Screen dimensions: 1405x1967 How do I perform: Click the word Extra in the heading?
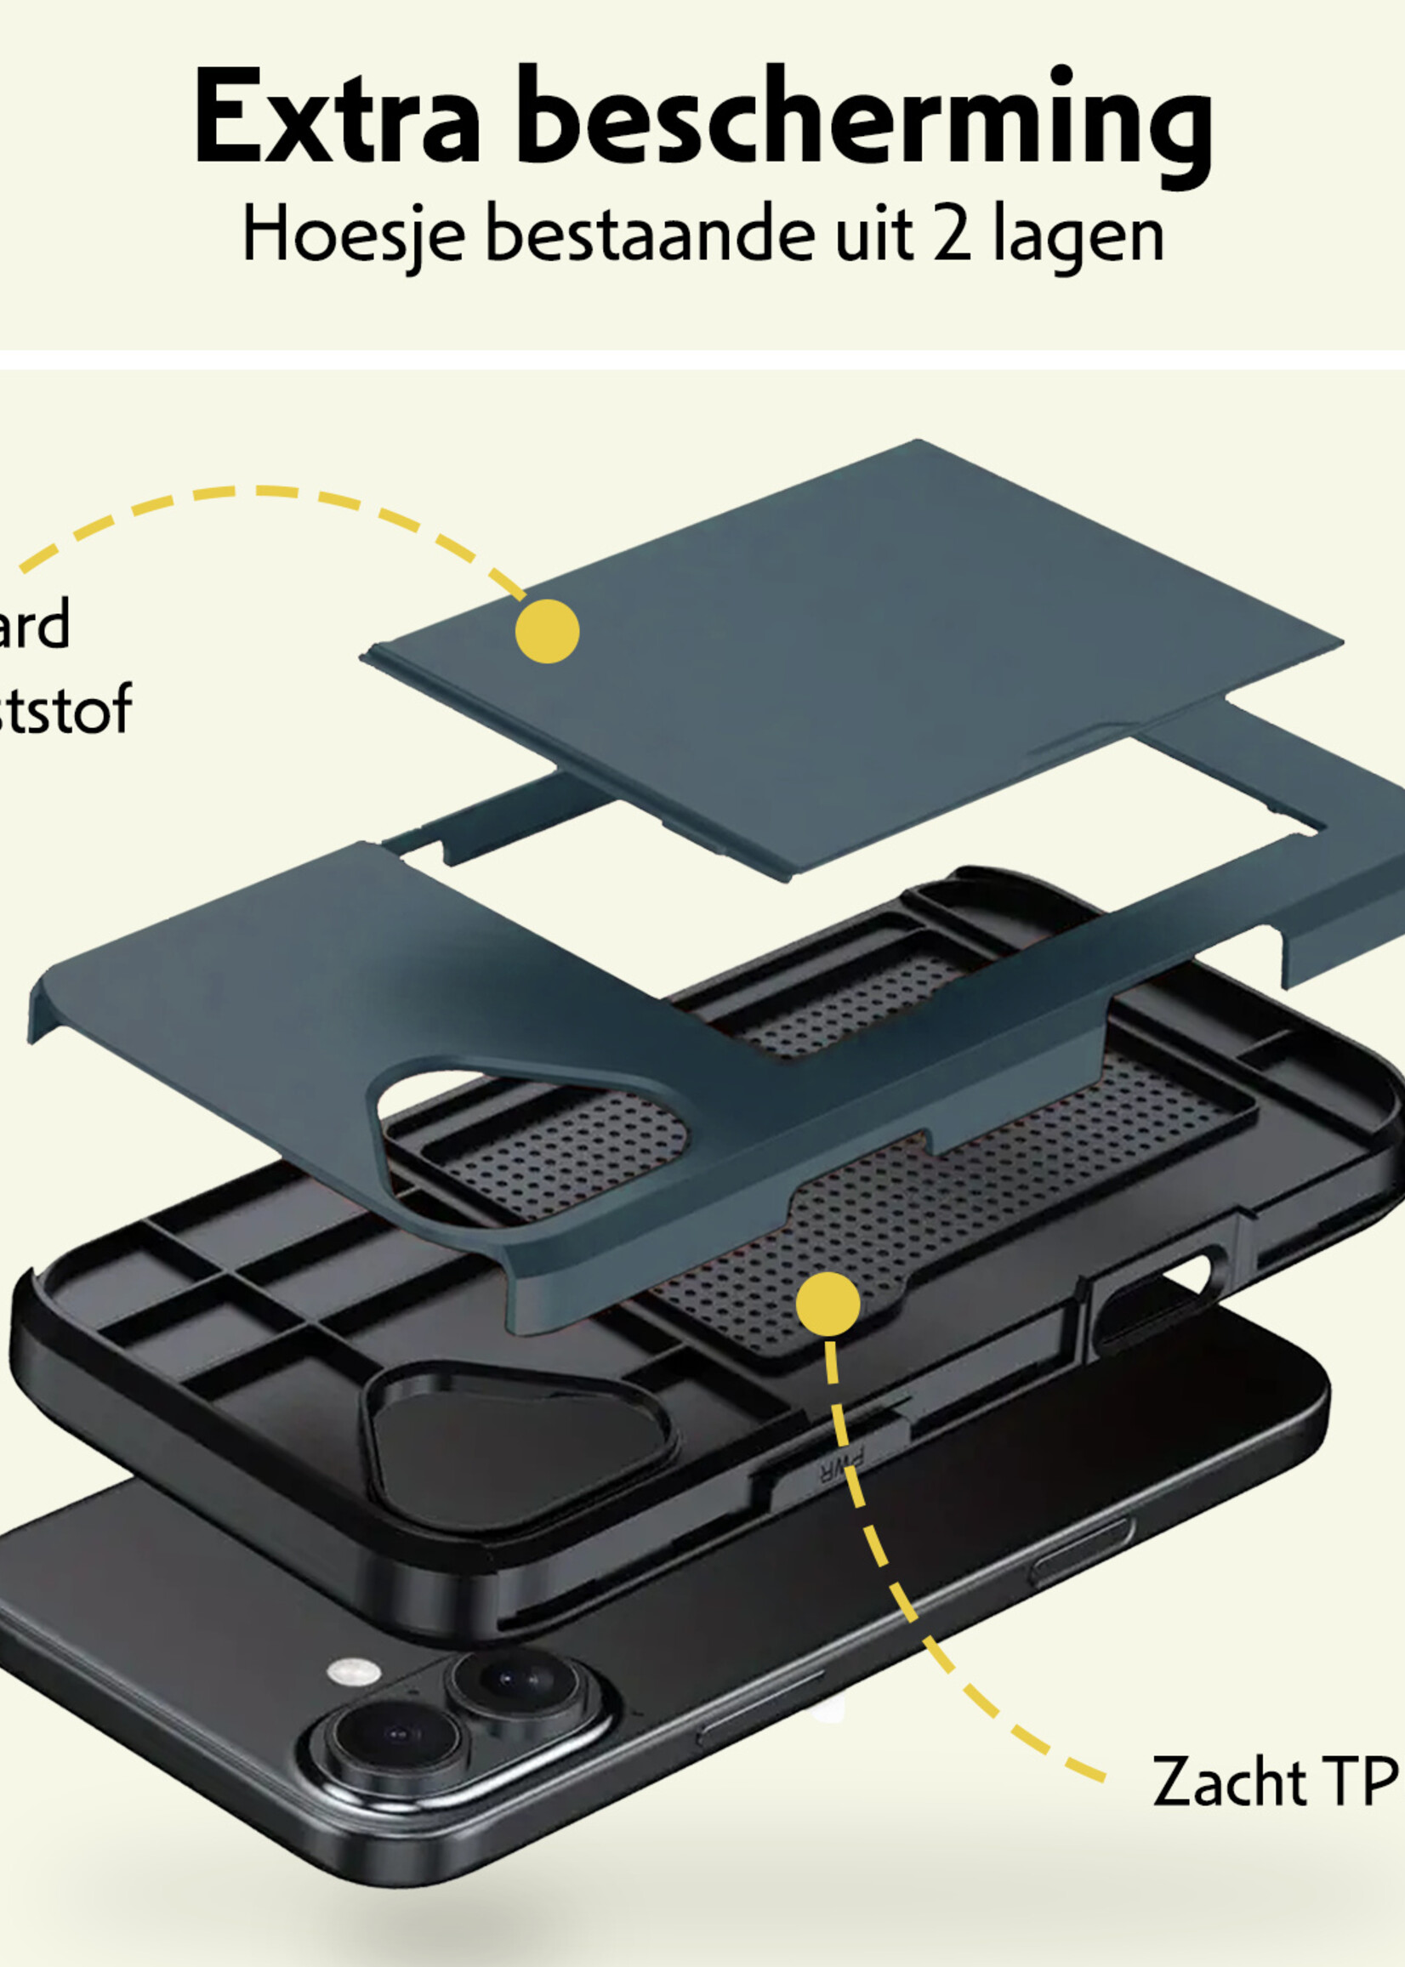click(336, 117)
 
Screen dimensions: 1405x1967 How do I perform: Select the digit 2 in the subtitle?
click(952, 234)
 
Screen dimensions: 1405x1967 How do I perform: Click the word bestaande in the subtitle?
click(649, 234)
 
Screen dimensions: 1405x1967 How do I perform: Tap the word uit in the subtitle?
click(873, 234)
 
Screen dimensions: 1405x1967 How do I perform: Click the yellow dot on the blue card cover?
click(547, 631)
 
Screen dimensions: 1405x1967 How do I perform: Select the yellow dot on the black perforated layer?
click(828, 1303)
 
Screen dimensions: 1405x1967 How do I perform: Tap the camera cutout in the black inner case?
click(519, 1441)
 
